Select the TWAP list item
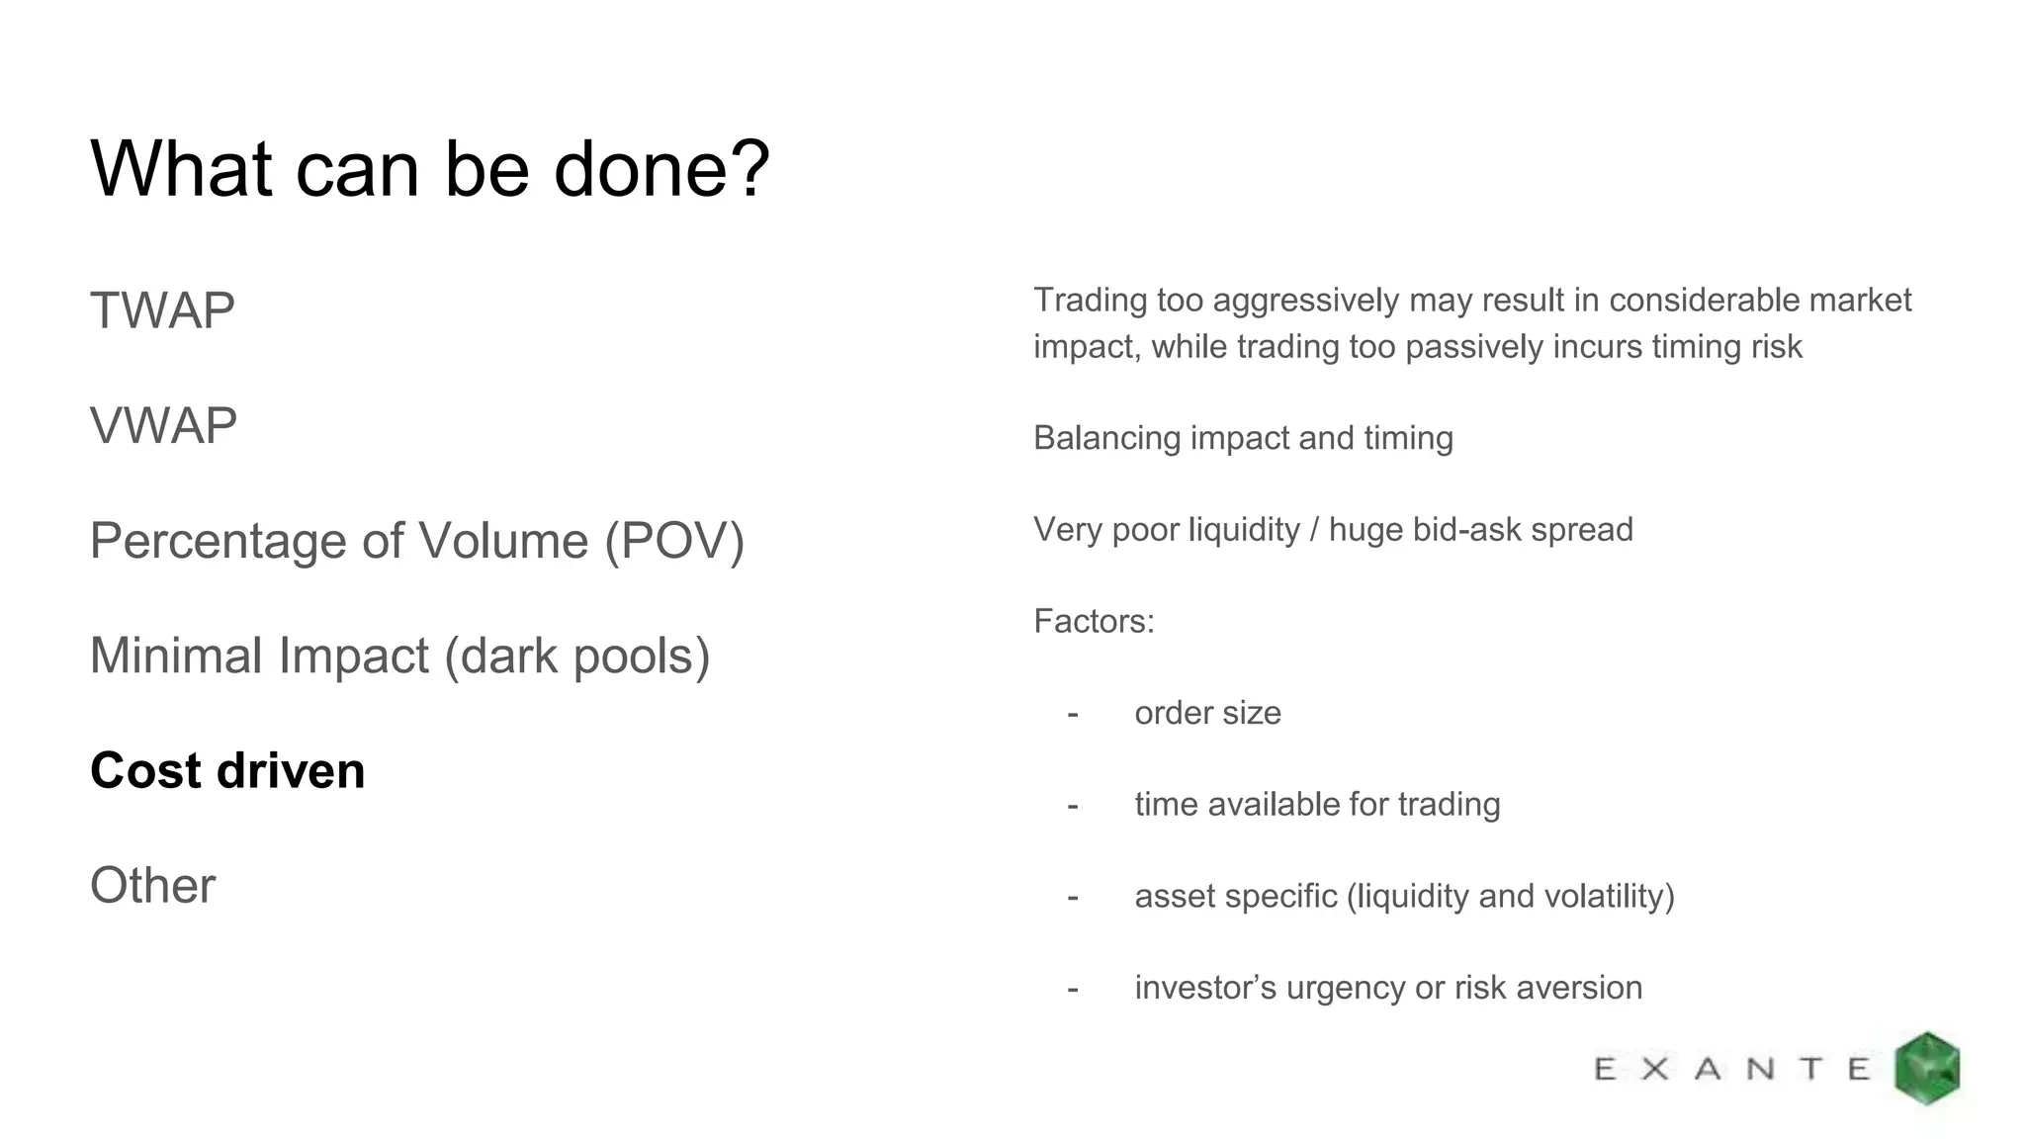click(x=162, y=310)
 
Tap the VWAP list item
click(x=163, y=426)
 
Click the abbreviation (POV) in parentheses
click(x=674, y=541)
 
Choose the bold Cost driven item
click(x=227, y=770)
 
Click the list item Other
click(x=152, y=885)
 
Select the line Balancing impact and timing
click(x=1243, y=438)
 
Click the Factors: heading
click(x=1094, y=621)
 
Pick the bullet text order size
click(x=1207, y=713)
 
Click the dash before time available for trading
click(x=1073, y=805)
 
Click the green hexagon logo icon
click(x=1927, y=1068)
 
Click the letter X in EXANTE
click(x=1655, y=1069)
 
